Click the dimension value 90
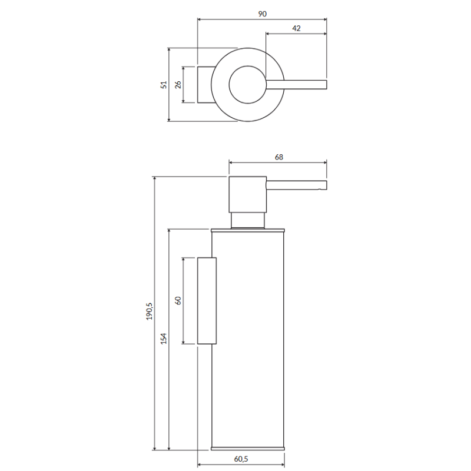[262, 14]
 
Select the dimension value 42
[296, 28]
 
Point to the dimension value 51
[164, 85]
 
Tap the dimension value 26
[178, 85]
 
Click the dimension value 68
[278, 157]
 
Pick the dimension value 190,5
[150, 311]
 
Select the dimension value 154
[164, 338]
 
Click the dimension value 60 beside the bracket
[178, 301]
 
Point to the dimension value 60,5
[241, 459]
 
